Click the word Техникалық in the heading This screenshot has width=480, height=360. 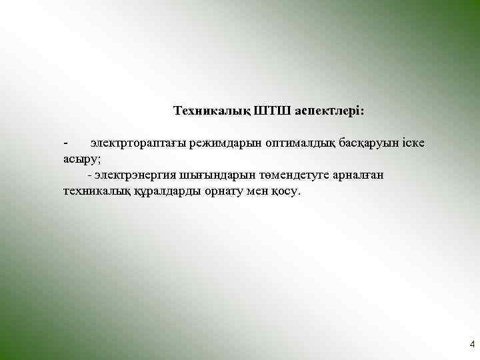(209, 109)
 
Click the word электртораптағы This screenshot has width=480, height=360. (138, 143)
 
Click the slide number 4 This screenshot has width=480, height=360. (472, 345)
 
